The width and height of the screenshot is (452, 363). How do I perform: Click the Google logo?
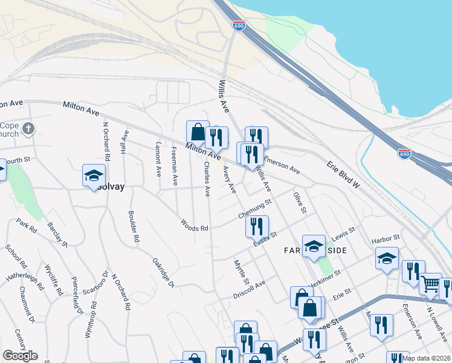tap(20, 356)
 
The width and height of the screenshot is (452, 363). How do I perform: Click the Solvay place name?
tap(109, 188)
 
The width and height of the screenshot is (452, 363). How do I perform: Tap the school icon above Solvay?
tap(93, 175)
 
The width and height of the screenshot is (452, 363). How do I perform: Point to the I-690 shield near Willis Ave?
tap(237, 25)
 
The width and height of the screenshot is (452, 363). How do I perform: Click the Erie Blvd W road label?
tap(343, 174)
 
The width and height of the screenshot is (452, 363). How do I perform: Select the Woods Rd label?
tap(195, 224)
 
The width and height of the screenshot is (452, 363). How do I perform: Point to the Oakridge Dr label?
tap(163, 273)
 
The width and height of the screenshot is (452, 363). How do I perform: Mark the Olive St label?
tap(298, 203)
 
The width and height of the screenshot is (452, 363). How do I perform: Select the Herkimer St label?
tap(326, 276)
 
